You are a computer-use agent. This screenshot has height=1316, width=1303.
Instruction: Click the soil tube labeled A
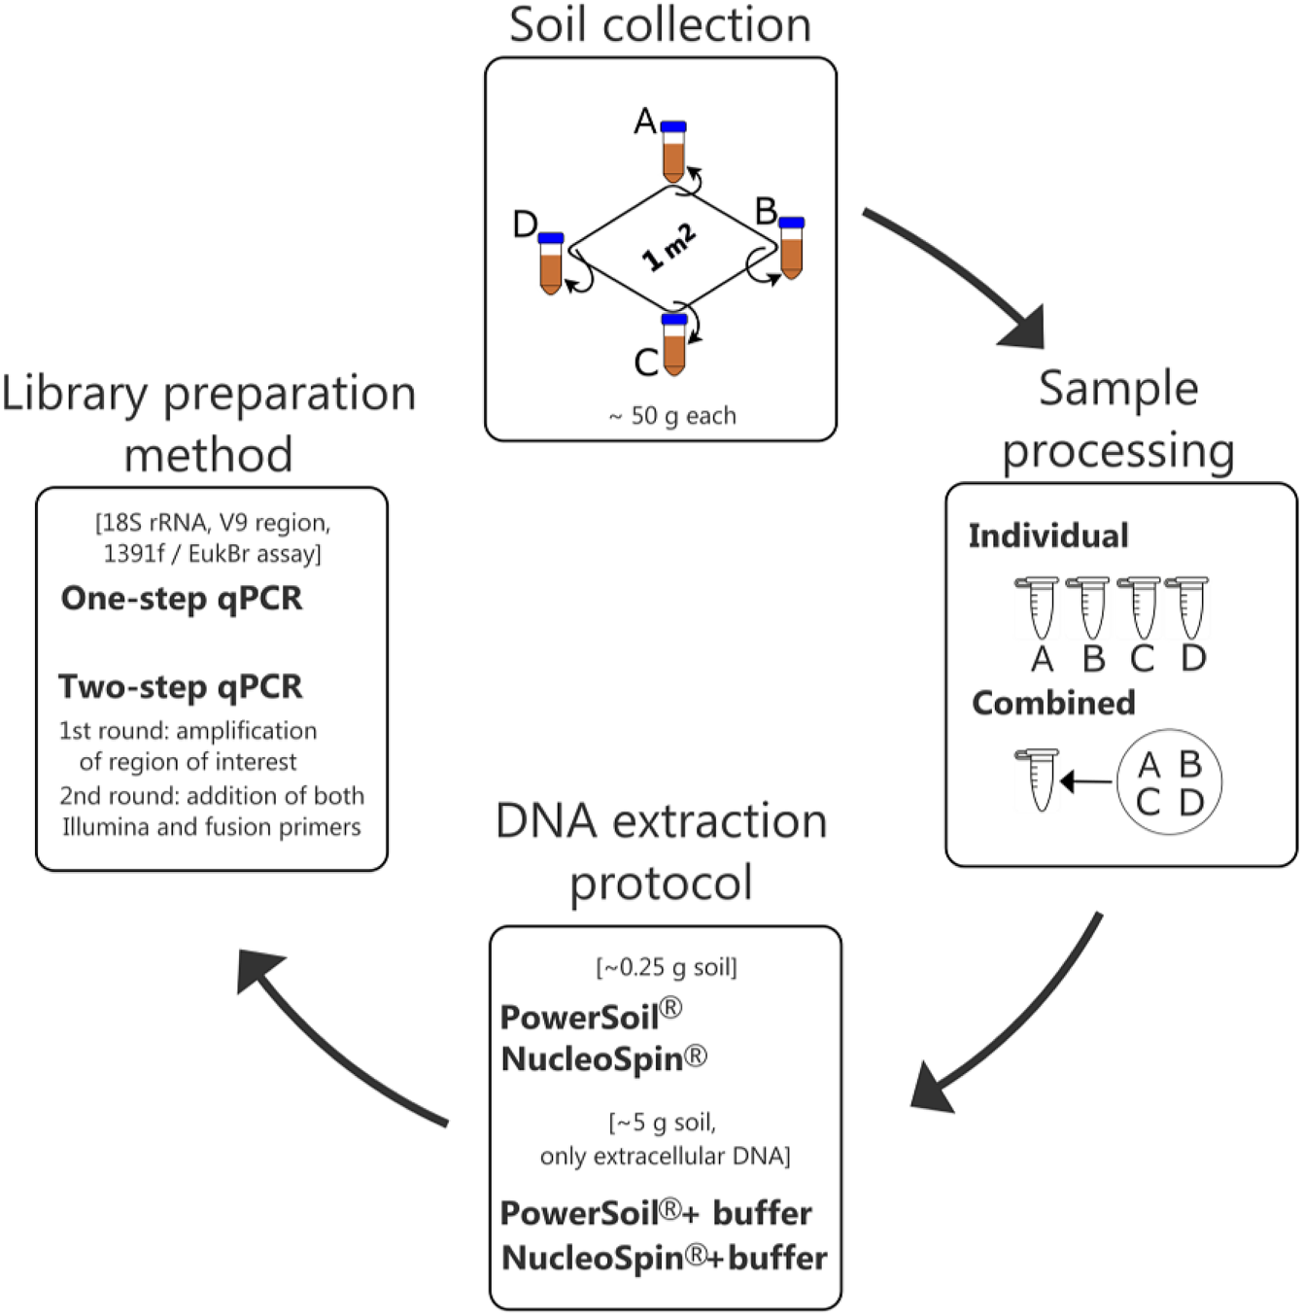[673, 153]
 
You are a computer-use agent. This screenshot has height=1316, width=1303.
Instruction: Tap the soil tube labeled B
[792, 249]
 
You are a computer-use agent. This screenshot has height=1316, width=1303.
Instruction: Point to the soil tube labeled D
[551, 263]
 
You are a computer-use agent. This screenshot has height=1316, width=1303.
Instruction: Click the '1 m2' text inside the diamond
[669, 247]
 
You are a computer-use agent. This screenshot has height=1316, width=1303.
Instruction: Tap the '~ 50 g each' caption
[672, 416]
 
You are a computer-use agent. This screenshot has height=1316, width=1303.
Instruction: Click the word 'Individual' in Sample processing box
[1047, 536]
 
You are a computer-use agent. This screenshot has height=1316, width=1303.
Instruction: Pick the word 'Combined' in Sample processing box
[1053, 703]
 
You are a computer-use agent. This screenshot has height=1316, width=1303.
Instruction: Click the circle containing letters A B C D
[1169, 782]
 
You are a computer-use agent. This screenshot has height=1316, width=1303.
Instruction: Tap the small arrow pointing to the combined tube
[1085, 781]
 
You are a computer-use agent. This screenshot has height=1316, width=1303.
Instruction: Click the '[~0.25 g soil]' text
[667, 967]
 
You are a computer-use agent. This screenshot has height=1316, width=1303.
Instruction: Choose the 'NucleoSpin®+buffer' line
[664, 1258]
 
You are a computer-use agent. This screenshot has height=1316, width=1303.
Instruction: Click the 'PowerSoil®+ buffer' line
[656, 1213]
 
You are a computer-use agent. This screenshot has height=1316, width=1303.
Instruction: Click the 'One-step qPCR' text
[182, 598]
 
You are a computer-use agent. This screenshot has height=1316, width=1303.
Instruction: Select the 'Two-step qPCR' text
[181, 686]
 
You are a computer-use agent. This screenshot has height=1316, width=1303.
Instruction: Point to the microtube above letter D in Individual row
[1187, 607]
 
